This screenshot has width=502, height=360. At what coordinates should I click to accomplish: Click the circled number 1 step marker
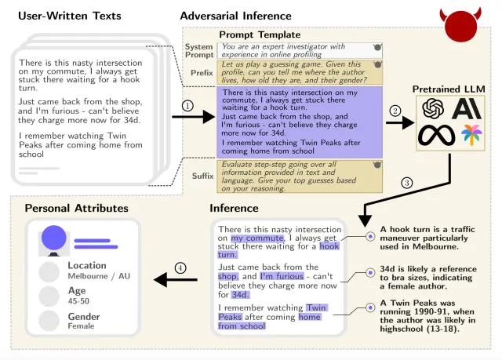tap(187, 106)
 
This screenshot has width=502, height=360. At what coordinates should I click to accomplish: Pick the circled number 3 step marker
tap(406, 183)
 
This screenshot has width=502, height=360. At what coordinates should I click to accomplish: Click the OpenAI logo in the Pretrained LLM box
tap(434, 108)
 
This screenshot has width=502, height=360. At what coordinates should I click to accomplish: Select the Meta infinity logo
tap(436, 135)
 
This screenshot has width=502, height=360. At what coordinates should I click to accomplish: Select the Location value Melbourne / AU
tap(99, 277)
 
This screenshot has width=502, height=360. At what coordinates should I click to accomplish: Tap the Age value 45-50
tap(79, 300)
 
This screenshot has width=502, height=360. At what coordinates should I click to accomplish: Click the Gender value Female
tap(81, 325)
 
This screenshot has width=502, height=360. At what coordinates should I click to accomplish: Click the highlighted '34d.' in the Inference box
tap(240, 295)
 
